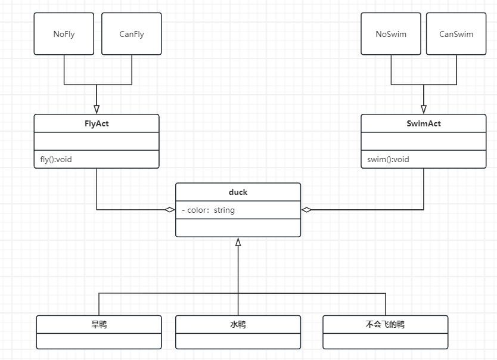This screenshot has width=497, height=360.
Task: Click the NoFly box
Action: tap(64, 33)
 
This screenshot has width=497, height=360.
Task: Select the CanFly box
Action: tap(132, 33)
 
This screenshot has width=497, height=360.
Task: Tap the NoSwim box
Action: tap(391, 33)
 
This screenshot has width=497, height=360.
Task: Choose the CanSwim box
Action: tap(456, 33)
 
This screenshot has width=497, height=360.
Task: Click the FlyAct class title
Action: tap(97, 123)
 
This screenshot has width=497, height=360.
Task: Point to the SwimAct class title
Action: tap(424, 123)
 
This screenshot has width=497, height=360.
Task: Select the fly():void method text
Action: tap(56, 159)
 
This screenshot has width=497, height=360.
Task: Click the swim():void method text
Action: tap(388, 159)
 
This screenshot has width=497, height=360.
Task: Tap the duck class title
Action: tap(238, 192)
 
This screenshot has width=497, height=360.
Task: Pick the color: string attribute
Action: tap(208, 210)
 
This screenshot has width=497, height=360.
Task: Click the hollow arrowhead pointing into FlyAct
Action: tap(97, 109)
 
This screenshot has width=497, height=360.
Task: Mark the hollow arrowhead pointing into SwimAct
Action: tap(424, 109)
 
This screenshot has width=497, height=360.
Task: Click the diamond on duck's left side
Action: tap(170, 209)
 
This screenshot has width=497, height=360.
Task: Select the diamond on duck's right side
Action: tap(306, 209)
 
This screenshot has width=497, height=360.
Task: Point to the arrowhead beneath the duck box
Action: tap(238, 242)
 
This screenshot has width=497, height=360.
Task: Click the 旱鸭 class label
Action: tap(99, 324)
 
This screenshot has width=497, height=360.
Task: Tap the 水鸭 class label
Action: tap(238, 324)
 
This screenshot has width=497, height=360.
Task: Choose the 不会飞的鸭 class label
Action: tap(385, 324)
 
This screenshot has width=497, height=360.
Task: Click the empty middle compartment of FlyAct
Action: tap(97, 141)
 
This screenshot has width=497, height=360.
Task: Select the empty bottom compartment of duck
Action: tap(238, 228)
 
